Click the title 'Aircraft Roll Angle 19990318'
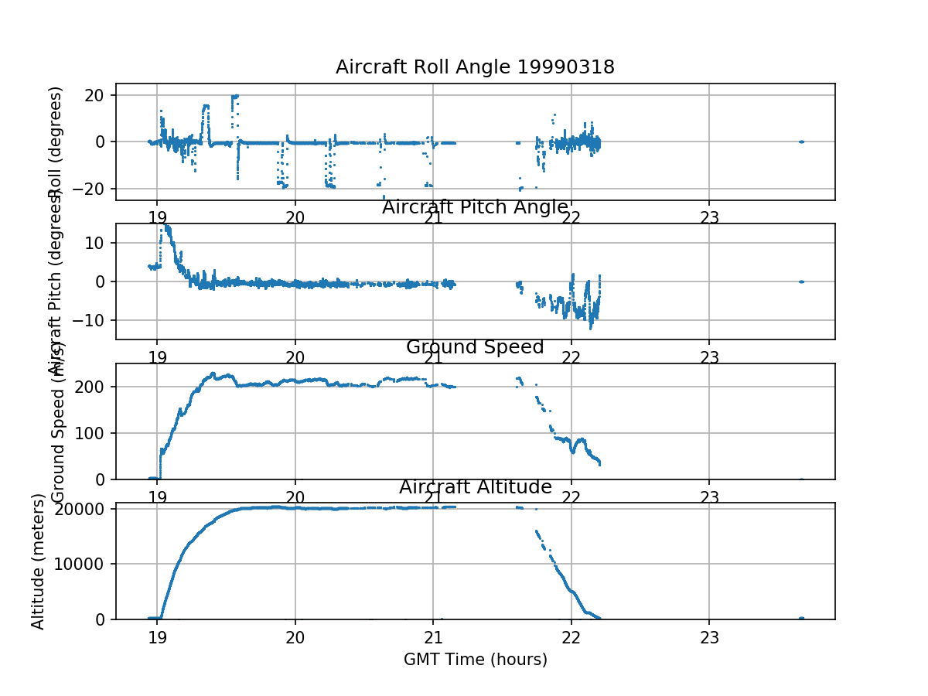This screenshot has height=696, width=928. (475, 67)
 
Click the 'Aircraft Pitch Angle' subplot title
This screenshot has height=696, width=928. (475, 207)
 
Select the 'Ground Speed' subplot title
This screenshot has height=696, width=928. (475, 347)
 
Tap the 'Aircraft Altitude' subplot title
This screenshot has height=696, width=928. (475, 487)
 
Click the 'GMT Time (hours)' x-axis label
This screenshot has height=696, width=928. (475, 660)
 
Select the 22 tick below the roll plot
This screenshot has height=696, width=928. (571, 217)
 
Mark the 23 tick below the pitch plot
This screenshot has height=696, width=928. (709, 357)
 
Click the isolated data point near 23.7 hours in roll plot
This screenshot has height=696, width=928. (801, 142)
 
